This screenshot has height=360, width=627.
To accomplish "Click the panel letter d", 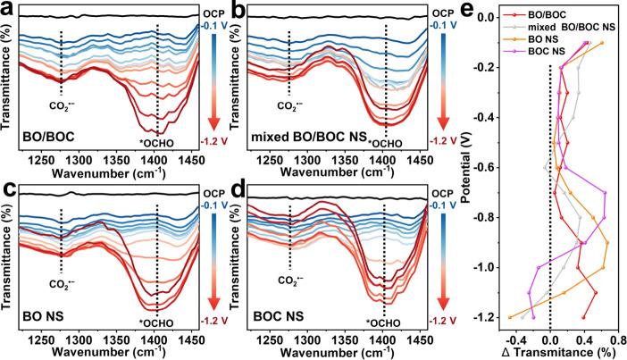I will pos(234,188).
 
